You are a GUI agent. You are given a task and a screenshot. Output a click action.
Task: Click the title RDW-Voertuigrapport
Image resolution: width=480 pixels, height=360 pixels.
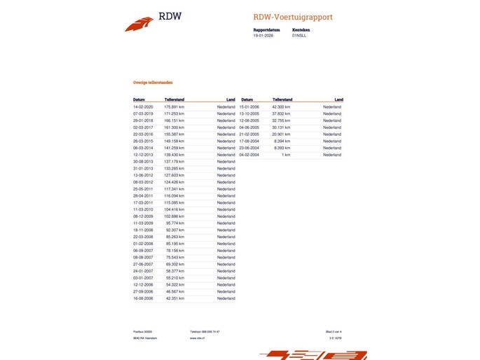click(293, 17)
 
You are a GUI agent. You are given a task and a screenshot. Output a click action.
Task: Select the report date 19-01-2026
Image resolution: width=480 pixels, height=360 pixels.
click(263, 35)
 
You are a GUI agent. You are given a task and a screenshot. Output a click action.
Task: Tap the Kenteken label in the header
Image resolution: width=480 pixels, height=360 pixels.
click(301, 30)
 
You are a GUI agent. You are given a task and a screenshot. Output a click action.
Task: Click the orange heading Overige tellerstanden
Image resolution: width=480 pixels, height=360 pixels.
click(153, 83)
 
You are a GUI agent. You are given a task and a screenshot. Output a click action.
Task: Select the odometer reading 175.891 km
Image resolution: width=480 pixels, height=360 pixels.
click(174, 106)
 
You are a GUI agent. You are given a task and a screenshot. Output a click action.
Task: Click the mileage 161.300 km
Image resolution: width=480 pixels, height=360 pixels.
click(174, 127)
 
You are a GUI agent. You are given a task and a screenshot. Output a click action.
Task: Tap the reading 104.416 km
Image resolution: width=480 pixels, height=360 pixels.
click(174, 209)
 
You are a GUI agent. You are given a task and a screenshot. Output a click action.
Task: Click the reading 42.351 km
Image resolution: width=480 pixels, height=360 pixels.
click(175, 298)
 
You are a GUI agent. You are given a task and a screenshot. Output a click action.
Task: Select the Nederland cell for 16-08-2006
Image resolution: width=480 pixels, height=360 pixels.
click(226, 298)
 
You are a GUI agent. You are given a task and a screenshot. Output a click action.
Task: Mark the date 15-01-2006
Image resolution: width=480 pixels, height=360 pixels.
click(249, 106)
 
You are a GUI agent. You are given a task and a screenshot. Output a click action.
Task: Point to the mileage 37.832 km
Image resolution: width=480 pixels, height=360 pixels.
click(282, 113)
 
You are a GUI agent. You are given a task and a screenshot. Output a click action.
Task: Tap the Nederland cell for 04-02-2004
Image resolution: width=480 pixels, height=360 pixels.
click(332, 154)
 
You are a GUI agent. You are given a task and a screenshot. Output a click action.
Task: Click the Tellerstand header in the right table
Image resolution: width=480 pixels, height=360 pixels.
click(282, 99)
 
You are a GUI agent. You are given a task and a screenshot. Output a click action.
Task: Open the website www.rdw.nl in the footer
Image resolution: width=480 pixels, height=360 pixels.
click(196, 338)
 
